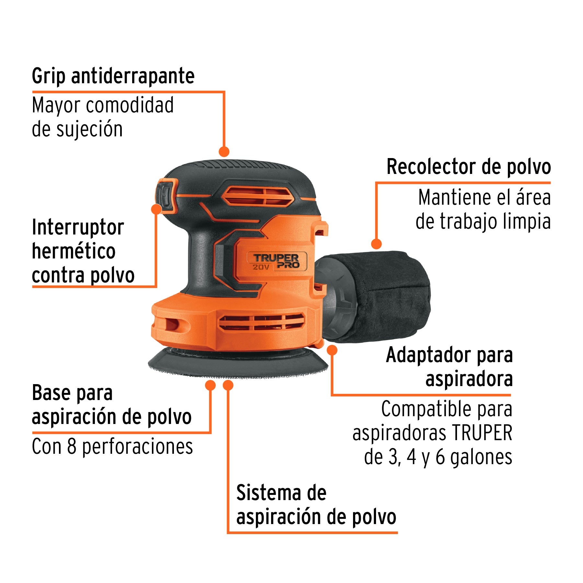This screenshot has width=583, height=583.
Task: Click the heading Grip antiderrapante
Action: (113, 76)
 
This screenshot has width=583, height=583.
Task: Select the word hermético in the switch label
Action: (74, 251)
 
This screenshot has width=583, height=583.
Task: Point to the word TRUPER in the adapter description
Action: (482, 433)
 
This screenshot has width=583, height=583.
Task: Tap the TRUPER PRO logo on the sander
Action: (276, 261)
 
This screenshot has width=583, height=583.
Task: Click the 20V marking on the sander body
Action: (261, 267)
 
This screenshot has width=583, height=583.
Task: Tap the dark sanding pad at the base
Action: (238, 364)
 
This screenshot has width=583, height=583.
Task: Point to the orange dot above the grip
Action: (224, 151)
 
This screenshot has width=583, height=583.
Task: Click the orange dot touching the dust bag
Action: (376, 244)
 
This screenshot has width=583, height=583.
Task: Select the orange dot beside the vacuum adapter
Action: (332, 350)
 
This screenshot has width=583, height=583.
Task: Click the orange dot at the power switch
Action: (156, 209)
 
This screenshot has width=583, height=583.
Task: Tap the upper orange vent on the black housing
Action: (257, 196)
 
